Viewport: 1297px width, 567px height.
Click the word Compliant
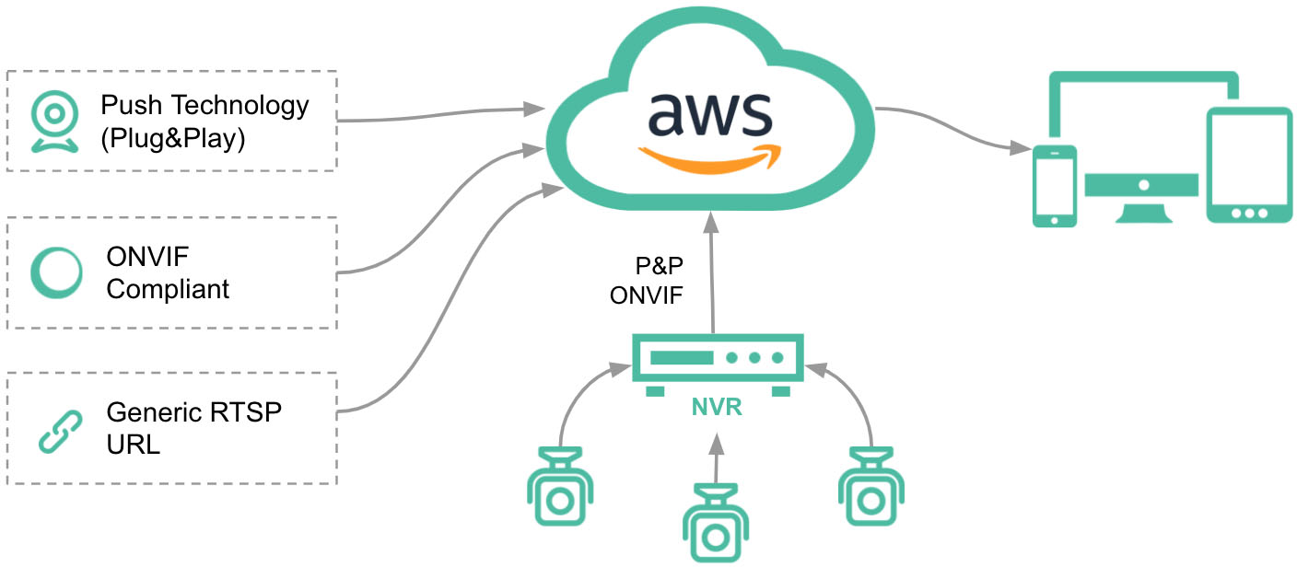tap(168, 289)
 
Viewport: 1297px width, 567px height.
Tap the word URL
tap(134, 445)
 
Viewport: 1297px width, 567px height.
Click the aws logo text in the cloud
tap(708, 112)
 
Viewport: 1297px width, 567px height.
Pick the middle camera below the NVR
tap(715, 524)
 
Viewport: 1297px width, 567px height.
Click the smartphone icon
tap(1054, 184)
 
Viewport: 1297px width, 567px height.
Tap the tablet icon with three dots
tap(1248, 166)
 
